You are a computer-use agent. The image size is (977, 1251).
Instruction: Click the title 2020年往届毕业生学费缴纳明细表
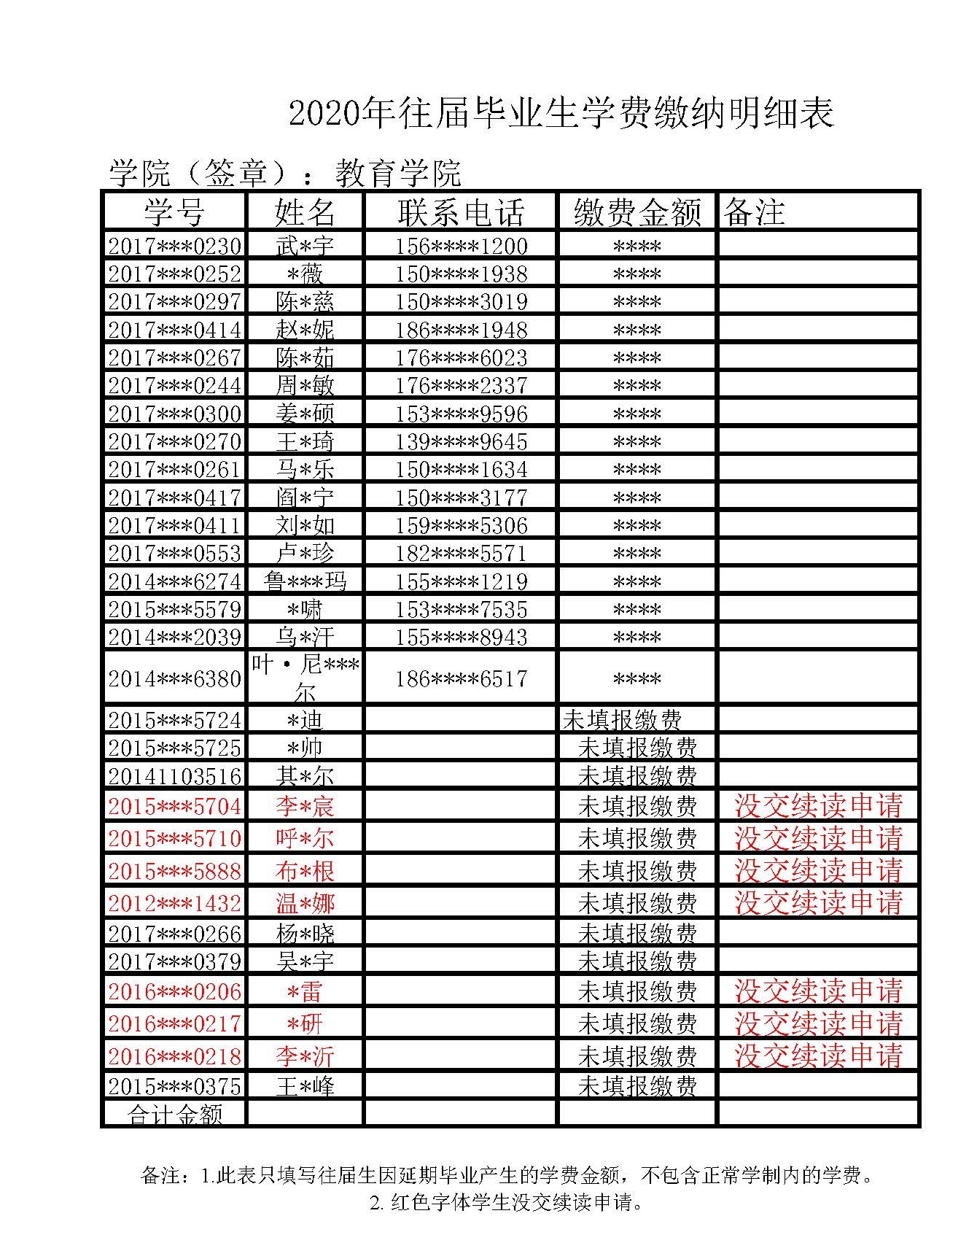pos(561,113)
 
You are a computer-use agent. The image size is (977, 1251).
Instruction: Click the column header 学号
pos(174,212)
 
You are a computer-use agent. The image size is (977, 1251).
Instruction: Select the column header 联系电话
pos(461,212)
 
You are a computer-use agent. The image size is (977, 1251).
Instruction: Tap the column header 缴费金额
pos(637,212)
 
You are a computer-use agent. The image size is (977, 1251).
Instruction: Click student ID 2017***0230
pos(174,246)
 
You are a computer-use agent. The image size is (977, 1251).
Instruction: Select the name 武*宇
pos(305,246)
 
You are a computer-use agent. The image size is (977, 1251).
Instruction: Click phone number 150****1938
pos(461,274)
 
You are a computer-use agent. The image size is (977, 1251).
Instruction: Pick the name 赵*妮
pos(305,330)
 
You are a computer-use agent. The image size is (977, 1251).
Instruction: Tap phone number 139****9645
pos(461,441)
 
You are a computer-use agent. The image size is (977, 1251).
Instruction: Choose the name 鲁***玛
pos(305,581)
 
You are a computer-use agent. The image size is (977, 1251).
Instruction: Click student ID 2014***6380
pos(174,678)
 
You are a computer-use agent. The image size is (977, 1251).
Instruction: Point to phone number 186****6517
pos(461,678)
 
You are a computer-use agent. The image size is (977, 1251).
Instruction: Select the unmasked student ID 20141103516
pos(174,775)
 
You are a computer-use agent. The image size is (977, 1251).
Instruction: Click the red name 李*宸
pos(305,806)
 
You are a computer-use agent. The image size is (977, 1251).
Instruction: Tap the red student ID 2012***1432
pos(174,903)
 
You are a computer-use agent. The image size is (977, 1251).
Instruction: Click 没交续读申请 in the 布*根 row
pos(818,870)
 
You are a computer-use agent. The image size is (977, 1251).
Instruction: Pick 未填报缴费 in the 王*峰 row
pos(637,1086)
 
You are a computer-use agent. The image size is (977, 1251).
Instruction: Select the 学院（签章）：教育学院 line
pos(284,173)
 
